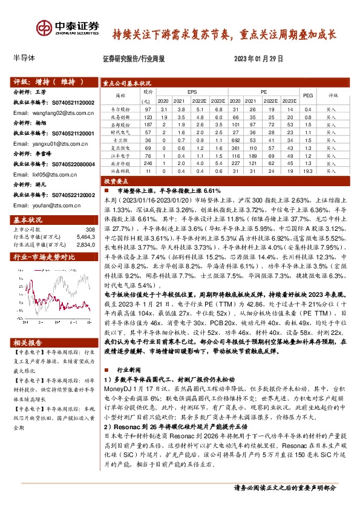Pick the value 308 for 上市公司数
point(90,230)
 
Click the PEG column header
point(307,96)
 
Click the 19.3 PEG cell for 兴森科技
point(307,171)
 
